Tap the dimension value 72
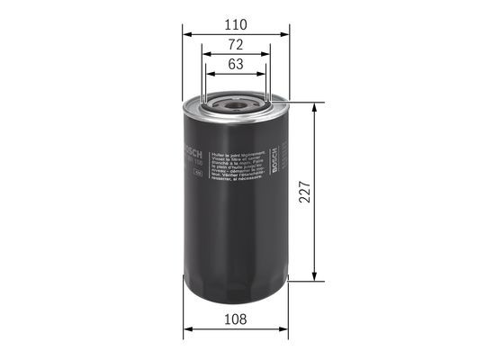pos(236,44)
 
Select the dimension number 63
pos(236,64)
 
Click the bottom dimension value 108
pos(236,318)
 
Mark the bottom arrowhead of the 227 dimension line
pos(313,275)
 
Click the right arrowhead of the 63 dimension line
pos(265,76)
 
